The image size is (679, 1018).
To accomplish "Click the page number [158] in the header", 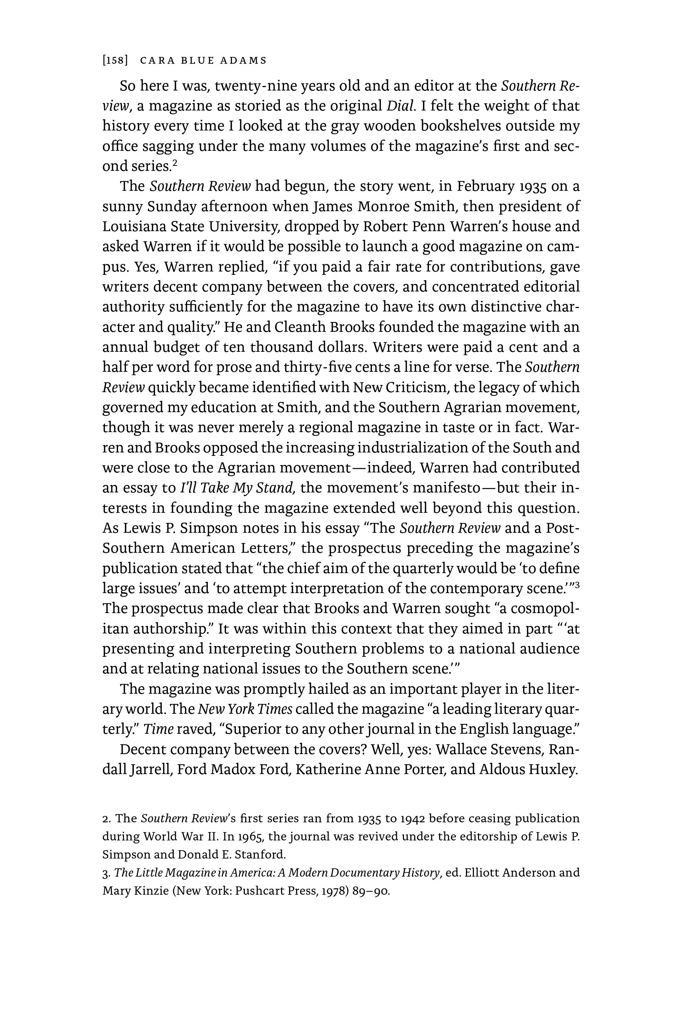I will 115,61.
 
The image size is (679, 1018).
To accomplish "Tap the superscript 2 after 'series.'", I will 175,163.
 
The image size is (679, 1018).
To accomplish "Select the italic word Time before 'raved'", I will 158,729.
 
